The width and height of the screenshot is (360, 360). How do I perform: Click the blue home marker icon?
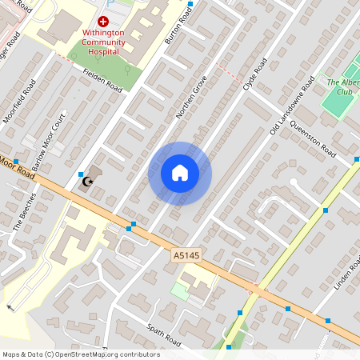180,173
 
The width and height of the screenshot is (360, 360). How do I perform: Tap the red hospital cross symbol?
103,23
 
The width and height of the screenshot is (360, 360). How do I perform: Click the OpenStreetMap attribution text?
80,354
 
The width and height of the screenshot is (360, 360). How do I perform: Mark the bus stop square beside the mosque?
81,174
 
